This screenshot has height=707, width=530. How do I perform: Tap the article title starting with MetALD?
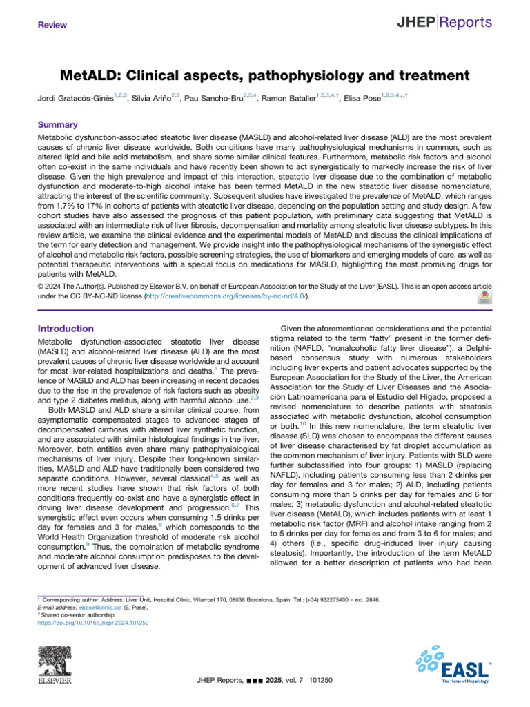(x=264, y=75)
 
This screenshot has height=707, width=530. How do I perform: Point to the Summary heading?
(x=58, y=126)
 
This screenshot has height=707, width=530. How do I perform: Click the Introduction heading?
(x=66, y=329)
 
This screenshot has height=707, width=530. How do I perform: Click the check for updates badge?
(x=484, y=296)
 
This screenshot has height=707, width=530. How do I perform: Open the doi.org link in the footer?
(x=92, y=623)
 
